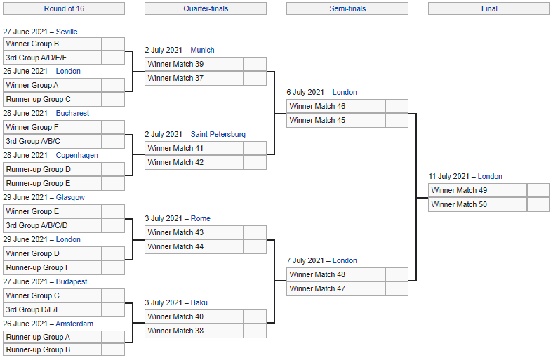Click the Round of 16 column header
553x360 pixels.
coord(64,8)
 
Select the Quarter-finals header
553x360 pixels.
coord(206,8)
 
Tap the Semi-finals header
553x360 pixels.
coord(347,8)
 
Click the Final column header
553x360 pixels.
coord(489,8)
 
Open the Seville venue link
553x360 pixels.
coord(67,32)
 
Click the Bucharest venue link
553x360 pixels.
coord(73,113)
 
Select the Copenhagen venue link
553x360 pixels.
coord(77,156)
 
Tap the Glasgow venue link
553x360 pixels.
coord(70,197)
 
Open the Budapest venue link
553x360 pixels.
coord(72,281)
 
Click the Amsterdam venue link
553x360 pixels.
coord(74,324)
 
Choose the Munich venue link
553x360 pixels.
coord(202,50)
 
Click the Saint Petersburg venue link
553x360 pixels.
coord(218,134)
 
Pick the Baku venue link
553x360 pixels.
coord(199,302)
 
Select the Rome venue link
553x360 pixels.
coord(200,219)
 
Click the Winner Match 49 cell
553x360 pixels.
coord(478,190)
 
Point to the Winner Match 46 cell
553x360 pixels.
coord(336,106)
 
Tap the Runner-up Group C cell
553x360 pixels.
coord(53,100)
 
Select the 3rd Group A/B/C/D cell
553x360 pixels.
coord(53,226)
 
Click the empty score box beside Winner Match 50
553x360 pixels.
coord(538,204)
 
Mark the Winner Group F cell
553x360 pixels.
coord(53,127)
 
